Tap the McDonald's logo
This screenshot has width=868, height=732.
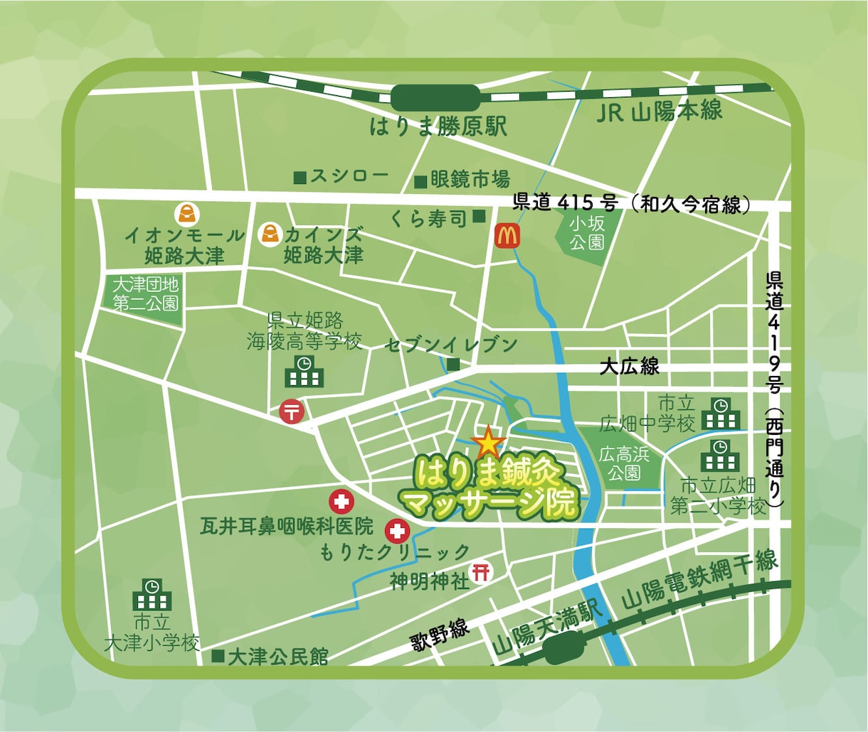tap(507, 235)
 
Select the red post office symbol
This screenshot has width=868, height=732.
tap(292, 411)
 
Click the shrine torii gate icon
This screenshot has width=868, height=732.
tap(482, 571)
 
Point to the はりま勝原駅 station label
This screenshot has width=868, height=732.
tap(438, 127)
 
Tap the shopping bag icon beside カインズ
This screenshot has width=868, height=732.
tap(270, 233)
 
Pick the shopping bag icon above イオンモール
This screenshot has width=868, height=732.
tap(186, 212)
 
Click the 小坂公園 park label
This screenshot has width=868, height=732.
tap(587, 233)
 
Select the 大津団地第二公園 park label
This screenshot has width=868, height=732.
tap(146, 294)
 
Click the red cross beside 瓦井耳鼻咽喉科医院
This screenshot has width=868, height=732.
tap(342, 502)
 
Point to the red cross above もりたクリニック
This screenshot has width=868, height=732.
tap(397, 529)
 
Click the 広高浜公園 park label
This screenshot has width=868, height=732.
tap(624, 463)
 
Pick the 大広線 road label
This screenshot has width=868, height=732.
tap(629, 367)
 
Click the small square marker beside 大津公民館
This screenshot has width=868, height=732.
tap(218, 656)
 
